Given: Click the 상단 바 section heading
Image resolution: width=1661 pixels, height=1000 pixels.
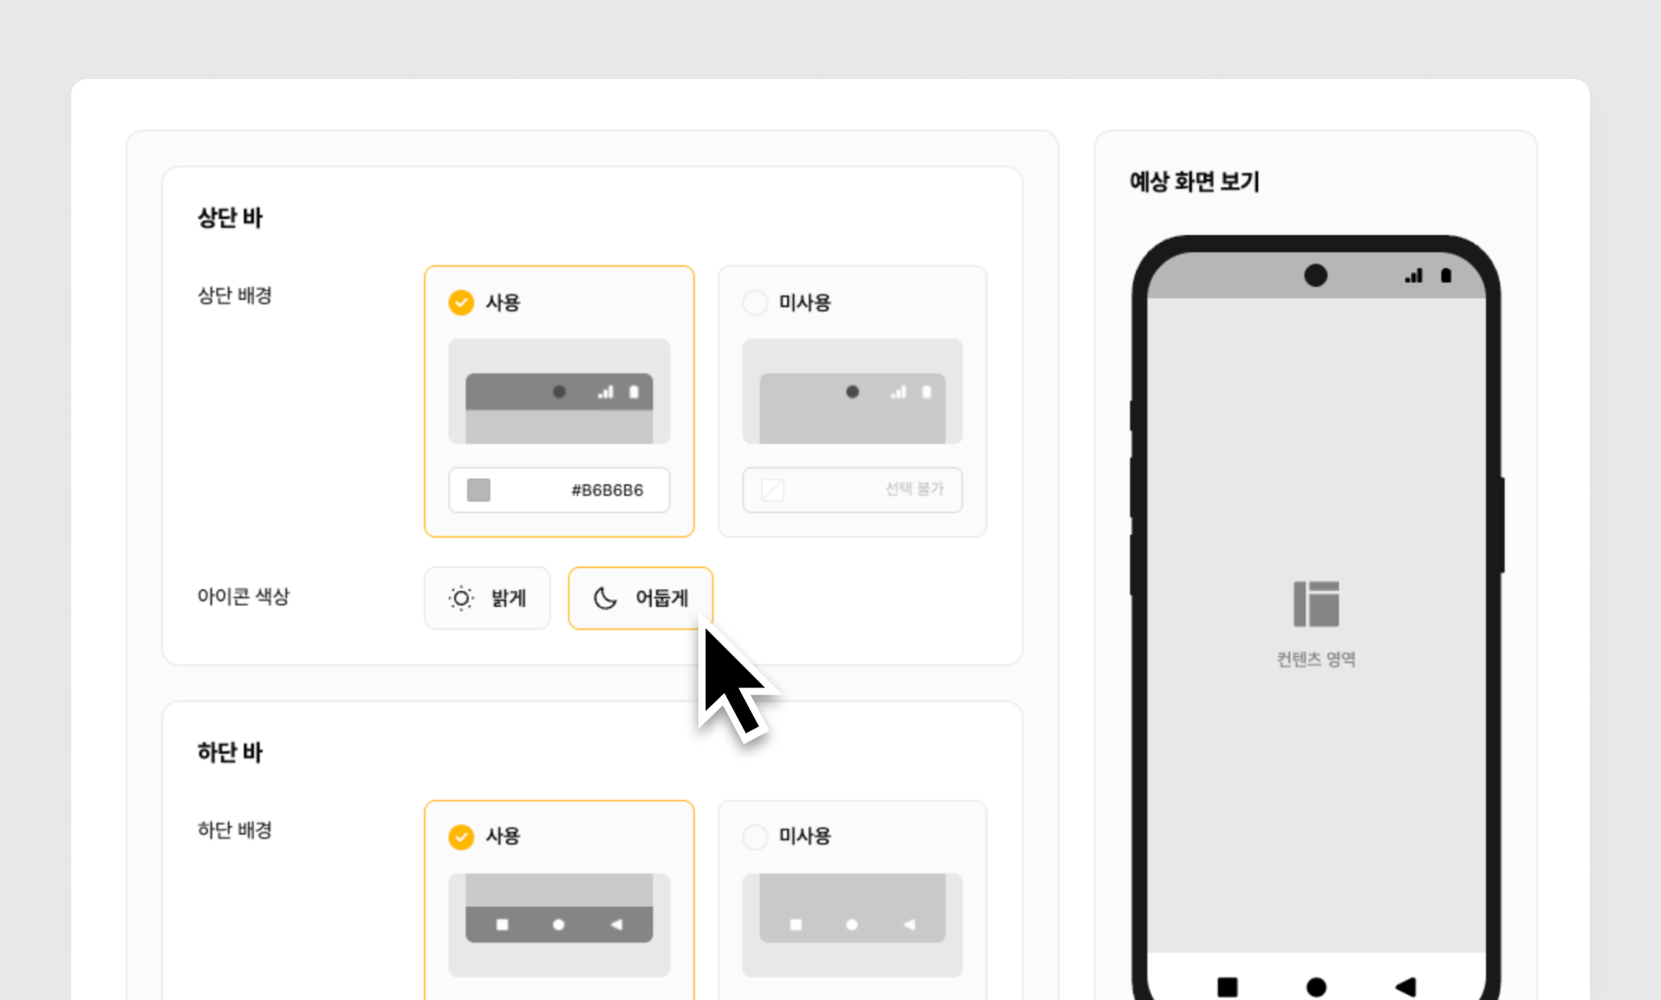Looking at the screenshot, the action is click(229, 218).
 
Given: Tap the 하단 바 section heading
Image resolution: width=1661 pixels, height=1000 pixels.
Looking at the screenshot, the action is click(229, 752).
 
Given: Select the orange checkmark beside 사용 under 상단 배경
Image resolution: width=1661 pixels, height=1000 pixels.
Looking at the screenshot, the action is click(461, 302).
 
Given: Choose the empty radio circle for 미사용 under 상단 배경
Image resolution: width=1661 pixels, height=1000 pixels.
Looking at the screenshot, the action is click(755, 302).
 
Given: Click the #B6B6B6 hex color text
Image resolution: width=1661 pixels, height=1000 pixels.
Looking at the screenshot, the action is click(607, 490).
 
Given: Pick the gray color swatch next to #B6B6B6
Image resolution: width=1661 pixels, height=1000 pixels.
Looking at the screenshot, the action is click(479, 490).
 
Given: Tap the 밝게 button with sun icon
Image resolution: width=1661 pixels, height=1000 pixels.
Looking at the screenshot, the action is click(487, 598).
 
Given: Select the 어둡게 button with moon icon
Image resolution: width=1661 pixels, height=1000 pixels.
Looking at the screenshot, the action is click(641, 598).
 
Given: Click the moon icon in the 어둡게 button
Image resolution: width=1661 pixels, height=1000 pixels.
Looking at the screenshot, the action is click(605, 598).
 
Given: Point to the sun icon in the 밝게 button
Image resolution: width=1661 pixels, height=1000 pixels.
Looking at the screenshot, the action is click(461, 598).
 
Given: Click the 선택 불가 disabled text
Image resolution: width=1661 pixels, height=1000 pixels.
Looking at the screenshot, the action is click(914, 489).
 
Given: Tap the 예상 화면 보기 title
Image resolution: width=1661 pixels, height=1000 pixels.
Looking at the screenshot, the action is click(1194, 182).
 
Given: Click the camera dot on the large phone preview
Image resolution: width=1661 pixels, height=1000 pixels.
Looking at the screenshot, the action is click(1315, 275).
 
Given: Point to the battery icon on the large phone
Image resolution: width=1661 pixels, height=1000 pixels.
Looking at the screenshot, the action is click(1446, 275).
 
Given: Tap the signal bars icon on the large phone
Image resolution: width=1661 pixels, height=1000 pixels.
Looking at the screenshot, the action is click(1413, 275).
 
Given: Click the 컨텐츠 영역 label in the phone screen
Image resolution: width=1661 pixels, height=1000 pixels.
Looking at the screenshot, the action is click(1316, 659).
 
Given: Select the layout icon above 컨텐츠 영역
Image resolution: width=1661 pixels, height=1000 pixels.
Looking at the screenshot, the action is click(1316, 604).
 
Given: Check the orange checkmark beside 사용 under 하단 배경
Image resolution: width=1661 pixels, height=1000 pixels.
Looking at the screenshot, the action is click(461, 836).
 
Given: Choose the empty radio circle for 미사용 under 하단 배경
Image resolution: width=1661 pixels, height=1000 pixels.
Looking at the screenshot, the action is click(755, 836).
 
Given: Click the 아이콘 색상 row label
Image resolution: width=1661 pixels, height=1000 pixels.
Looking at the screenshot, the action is click(244, 597).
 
